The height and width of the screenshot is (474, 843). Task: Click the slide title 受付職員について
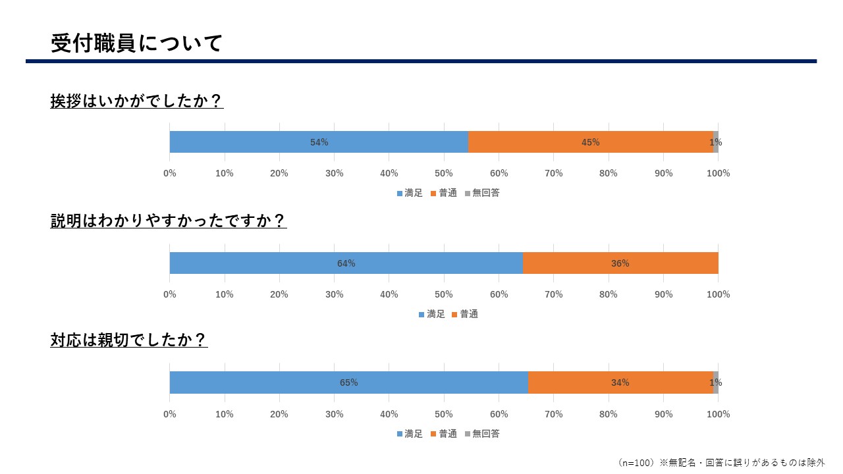coord(137,43)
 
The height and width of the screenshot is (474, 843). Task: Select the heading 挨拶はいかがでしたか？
coord(137,101)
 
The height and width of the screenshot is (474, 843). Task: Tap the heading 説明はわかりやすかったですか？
coord(169,221)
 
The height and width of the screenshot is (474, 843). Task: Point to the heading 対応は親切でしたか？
coord(129,340)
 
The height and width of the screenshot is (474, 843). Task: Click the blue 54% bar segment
coord(319,142)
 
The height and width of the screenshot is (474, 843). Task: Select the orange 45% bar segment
coord(590,142)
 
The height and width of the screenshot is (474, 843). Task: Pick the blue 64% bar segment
coord(346,263)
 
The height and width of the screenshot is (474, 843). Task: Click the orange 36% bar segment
coord(620,263)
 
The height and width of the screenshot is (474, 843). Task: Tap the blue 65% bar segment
coord(348,382)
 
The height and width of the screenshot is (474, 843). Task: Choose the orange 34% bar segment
coord(620,382)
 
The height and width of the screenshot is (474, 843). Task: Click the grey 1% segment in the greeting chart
coord(715,142)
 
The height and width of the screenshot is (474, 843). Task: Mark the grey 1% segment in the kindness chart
coord(715,382)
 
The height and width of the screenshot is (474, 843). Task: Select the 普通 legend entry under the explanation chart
coord(464,314)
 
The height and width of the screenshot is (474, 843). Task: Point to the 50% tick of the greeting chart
coord(444,173)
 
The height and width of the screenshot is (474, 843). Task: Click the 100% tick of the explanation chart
coord(718,294)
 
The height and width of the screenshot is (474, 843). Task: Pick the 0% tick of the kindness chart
coord(170,414)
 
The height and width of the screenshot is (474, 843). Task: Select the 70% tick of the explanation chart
coord(554,294)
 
